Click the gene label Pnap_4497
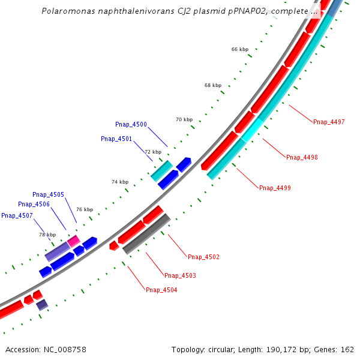pyautogui.click(x=329, y=122)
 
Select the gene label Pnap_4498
pyautogui.click(x=302, y=157)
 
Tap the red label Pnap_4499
pyautogui.click(x=275, y=188)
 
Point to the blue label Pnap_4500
pyautogui.click(x=131, y=124)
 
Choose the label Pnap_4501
pyautogui.click(x=116, y=139)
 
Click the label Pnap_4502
pyautogui.click(x=203, y=257)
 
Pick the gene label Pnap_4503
pyautogui.click(x=180, y=275)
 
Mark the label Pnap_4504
pyautogui.click(x=161, y=290)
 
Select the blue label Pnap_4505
pyautogui.click(x=48, y=194)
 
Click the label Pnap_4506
pyautogui.click(x=34, y=204)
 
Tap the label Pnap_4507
pyautogui.click(x=17, y=215)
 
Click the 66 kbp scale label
pyautogui.click(x=239, y=49)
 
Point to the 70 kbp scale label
pyautogui.click(x=184, y=119)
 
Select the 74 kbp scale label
pyautogui.click(x=120, y=182)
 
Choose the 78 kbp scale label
pyautogui.click(x=47, y=235)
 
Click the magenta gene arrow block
pyautogui.click(x=73, y=241)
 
